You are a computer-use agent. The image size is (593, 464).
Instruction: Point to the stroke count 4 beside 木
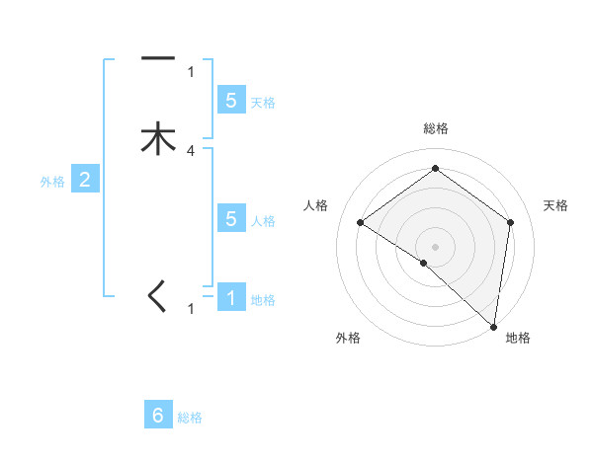[191, 151]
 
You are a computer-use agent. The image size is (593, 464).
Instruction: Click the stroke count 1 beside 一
[191, 72]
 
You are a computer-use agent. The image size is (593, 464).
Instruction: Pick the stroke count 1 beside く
[191, 309]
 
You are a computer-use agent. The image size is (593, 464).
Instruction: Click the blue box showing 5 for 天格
[231, 100]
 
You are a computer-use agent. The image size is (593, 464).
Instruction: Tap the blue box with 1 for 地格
[231, 296]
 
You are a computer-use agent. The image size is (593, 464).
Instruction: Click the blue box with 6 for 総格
[158, 416]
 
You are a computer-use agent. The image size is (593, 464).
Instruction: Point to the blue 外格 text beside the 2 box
[51, 181]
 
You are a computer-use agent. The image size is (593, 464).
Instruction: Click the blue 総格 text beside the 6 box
[190, 419]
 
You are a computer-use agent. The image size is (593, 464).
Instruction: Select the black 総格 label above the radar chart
[435, 128]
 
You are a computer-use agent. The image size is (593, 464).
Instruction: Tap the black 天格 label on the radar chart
[555, 205]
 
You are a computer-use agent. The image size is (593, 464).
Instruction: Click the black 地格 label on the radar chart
[518, 339]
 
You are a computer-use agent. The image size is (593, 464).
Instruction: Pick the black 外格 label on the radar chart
[348, 339]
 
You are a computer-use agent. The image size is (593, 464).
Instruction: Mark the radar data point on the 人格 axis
[361, 222]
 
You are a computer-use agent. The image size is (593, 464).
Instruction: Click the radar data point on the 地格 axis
[493, 326]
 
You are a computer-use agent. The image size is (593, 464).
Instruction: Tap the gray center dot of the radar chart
[435, 246]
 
